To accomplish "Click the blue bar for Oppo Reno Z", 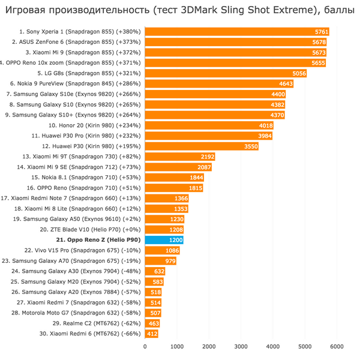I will click(164, 240).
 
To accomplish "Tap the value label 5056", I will click(299, 73).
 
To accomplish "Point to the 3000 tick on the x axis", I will click(241, 346).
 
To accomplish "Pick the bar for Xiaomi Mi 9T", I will click(180, 157).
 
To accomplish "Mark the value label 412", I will click(152, 334).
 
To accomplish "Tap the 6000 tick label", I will click(337, 346).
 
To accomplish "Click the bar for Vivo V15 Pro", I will click(162, 250).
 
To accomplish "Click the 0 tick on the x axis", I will click(145, 346).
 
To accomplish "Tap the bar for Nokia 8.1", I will click(174, 178).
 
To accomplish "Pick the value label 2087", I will click(204, 167).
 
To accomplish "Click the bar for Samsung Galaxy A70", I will click(160, 261).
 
